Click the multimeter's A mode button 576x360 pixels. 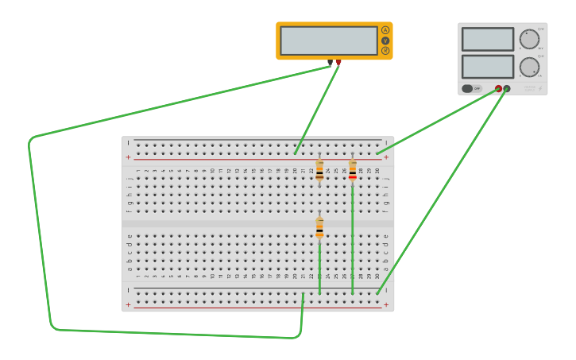coord(385,30)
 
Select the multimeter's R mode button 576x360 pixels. coord(385,50)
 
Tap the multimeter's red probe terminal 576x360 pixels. coord(338,62)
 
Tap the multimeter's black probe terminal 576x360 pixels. coord(330,62)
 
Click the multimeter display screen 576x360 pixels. coord(329,41)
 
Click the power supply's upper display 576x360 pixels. coord(488,39)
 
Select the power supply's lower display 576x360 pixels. coord(488,66)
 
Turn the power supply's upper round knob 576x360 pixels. coord(529,39)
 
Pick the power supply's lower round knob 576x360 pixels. coord(529,67)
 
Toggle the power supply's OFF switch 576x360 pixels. coord(472,88)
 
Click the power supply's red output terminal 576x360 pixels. coord(498,88)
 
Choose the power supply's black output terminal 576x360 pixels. coord(507,88)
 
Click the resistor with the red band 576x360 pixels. coord(353,170)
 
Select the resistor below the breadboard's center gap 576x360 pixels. coord(319,227)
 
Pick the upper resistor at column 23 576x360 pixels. coord(319,170)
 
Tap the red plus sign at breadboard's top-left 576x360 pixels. coord(128,157)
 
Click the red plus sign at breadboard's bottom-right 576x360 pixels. coord(386,304)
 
